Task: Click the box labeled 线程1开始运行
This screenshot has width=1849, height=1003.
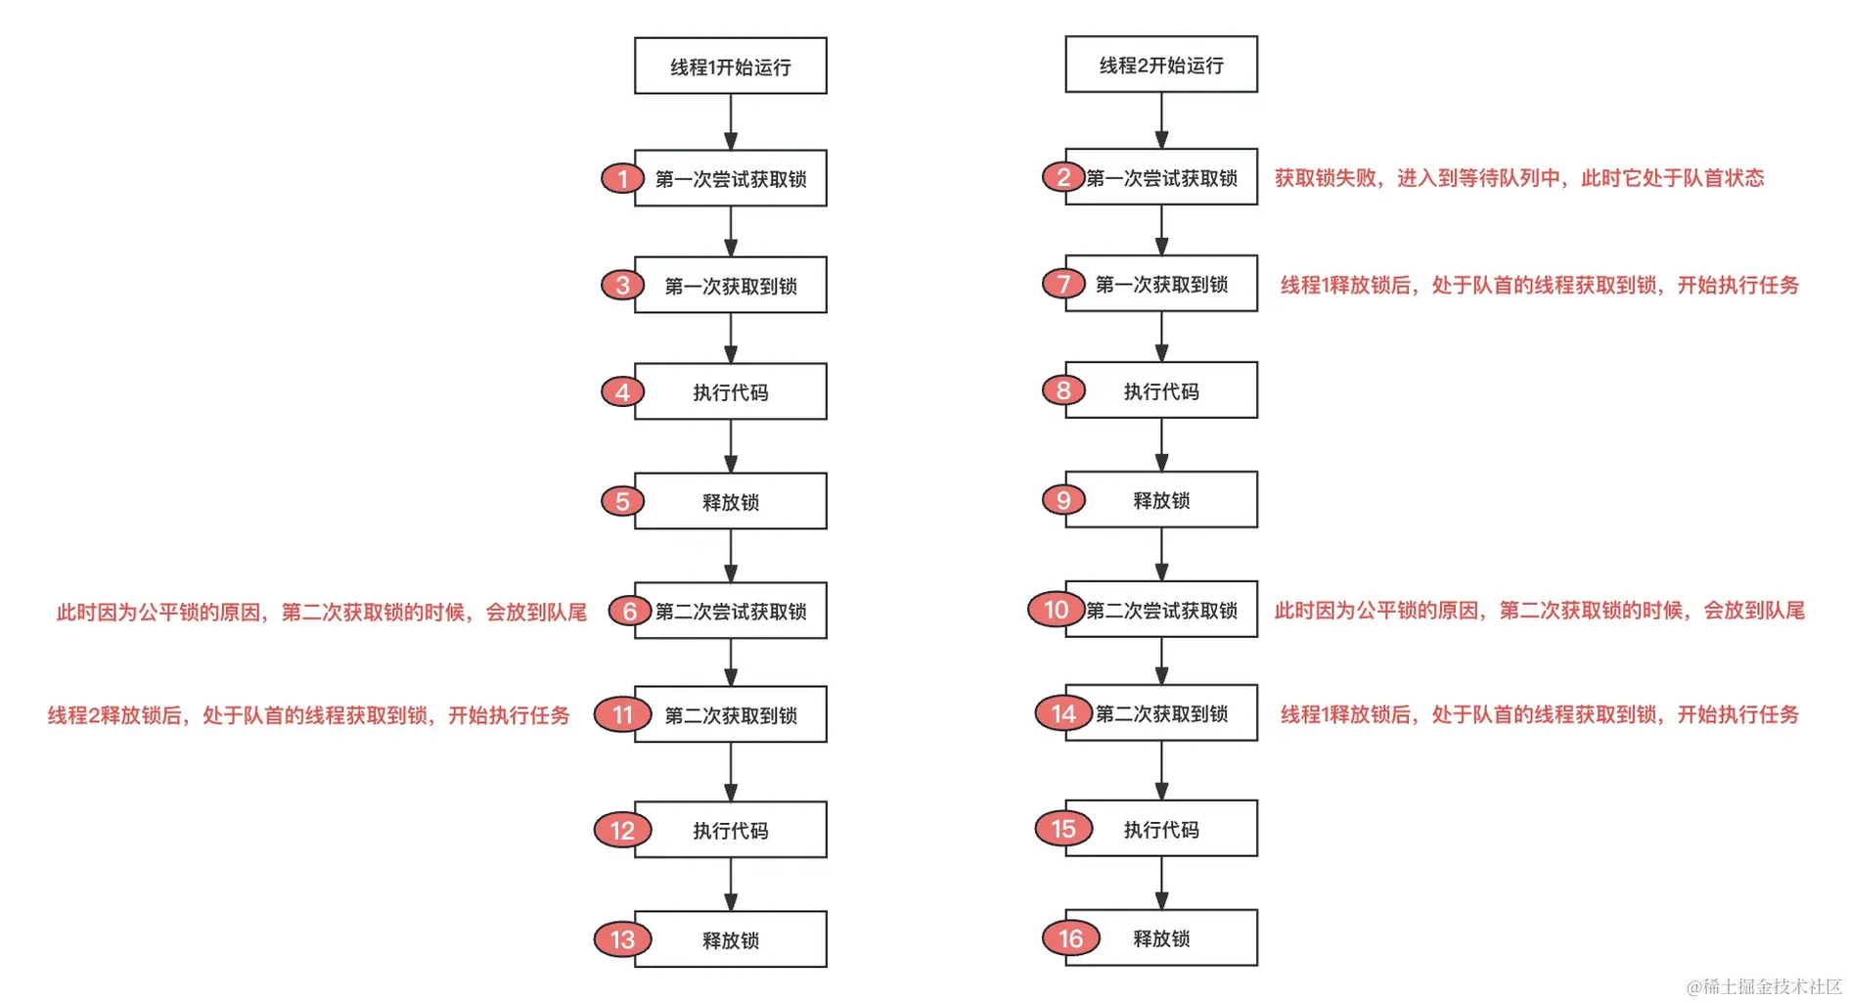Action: (x=730, y=67)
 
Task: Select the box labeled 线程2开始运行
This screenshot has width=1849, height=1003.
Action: (x=1161, y=65)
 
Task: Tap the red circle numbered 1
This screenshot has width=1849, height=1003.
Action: (x=622, y=179)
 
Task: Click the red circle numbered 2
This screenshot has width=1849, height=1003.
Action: (x=1062, y=177)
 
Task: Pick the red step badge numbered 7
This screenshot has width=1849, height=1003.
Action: (x=1063, y=284)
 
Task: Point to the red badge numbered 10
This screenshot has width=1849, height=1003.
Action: (x=1056, y=610)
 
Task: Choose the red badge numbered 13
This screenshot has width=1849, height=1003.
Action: (x=622, y=939)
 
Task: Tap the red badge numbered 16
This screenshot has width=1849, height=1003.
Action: (x=1070, y=938)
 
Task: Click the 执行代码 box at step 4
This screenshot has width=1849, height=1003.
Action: (x=730, y=392)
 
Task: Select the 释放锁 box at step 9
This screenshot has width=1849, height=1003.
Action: (x=1161, y=500)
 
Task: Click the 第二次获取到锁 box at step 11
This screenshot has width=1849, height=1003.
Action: (x=730, y=715)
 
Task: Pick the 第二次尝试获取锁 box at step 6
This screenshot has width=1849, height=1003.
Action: (x=730, y=612)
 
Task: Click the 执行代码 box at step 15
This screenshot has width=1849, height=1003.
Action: (x=1161, y=830)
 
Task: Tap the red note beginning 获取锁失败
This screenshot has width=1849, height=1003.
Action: (x=1518, y=178)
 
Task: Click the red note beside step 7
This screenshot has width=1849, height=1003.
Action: (x=1539, y=285)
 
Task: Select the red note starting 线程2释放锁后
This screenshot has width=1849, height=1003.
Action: (x=308, y=715)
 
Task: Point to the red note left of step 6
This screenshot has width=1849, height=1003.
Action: (x=321, y=613)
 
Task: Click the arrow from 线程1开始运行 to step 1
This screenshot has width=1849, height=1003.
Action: (x=730, y=121)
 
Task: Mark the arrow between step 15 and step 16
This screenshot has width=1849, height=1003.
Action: (x=1161, y=883)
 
